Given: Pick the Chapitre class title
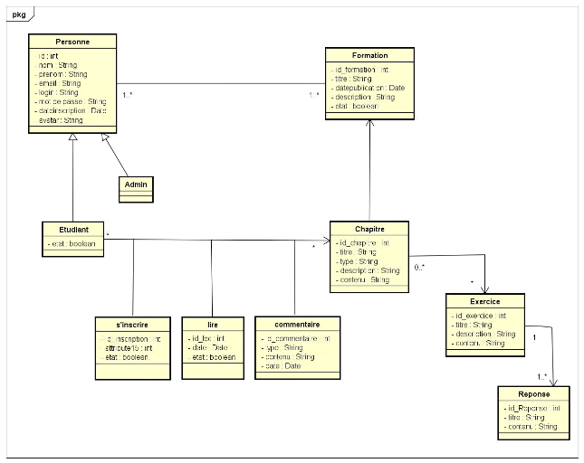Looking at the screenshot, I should pos(369,229).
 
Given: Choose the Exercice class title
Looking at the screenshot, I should pos(485,301).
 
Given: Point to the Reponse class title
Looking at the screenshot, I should pos(534,394).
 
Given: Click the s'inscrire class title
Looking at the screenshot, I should pos(132,324).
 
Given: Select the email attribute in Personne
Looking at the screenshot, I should pos(60,83).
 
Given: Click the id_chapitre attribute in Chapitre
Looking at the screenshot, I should pos(363,243).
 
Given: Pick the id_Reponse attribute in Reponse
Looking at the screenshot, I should pos(534,409).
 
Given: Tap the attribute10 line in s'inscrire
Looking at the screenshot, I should pos(127,347).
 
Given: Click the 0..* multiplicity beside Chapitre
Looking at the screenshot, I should pos(420,269).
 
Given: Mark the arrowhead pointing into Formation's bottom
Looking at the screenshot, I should pos(370,120).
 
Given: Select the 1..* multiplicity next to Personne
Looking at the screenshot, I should pos(129,94).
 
